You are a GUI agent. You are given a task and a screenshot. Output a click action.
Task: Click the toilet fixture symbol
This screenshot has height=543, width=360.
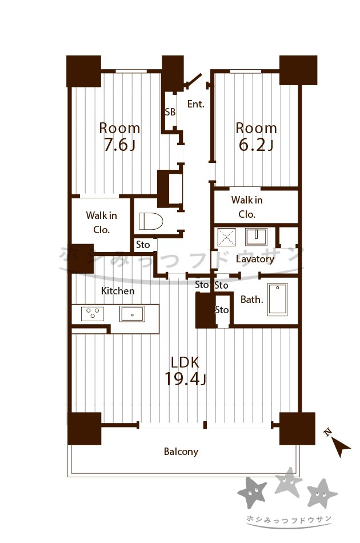tap(151, 221)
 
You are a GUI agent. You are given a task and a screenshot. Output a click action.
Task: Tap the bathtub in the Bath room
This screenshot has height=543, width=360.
tap(277, 299)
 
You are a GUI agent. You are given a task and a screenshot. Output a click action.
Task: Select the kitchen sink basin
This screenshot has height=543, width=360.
tap(132, 314)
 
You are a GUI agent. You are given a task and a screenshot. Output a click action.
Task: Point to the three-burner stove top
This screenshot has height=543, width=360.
tap(93, 314)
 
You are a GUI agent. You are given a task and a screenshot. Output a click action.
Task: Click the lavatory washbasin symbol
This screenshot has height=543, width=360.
tap(256, 237)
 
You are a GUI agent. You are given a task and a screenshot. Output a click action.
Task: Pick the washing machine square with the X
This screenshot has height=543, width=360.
tap(226, 237)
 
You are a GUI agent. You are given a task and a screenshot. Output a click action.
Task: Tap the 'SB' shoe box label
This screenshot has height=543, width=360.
tap(170, 112)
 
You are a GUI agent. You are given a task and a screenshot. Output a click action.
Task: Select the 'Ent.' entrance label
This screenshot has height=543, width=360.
tap(196, 104)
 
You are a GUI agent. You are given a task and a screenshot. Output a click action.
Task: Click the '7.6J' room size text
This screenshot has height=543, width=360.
tap(119, 145)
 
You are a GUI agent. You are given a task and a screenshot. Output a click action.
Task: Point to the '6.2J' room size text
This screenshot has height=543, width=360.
tap(256, 145)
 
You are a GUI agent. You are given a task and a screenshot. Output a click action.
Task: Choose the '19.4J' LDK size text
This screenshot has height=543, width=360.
tap(185, 379)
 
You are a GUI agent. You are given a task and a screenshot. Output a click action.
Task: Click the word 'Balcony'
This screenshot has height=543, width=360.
tap(181, 452)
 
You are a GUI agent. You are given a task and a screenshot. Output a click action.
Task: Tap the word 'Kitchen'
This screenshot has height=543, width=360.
tap(118, 291)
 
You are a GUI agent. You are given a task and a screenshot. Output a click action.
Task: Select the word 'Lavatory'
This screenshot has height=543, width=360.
tap(255, 259)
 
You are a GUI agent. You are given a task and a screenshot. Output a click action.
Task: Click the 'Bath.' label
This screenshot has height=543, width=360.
tap(252, 300)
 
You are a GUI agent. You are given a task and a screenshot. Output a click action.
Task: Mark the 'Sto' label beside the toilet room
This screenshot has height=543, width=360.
tap(143, 245)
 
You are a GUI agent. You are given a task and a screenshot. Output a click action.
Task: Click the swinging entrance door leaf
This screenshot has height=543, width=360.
tap(193, 79)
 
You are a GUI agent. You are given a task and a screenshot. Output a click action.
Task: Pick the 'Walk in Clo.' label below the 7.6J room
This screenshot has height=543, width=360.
tap(101, 223)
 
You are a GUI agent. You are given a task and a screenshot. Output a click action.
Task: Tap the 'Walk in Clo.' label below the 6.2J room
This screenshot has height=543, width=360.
tap(247, 207)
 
